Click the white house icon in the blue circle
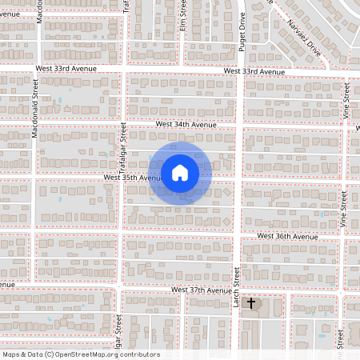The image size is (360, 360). point(180,173)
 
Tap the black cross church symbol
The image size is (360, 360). point(251,303)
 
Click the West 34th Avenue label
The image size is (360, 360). point(186,125)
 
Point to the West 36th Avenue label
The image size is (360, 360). point(287,237)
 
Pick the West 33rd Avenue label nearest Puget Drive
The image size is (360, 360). point(254,72)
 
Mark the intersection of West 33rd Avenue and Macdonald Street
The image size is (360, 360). point(35,70)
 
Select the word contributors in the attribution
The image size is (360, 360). point(139,354)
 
